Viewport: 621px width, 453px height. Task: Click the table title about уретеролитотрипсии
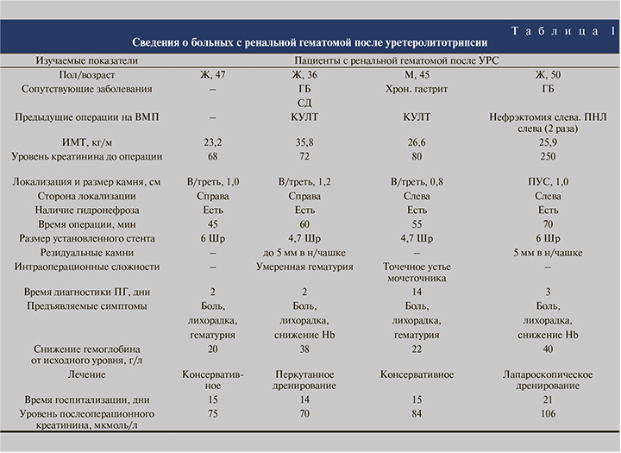(x=309, y=42)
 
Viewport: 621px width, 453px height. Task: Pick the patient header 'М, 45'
(x=417, y=75)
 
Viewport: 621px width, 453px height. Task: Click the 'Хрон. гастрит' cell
(x=417, y=89)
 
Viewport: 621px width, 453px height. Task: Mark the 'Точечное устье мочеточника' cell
(x=417, y=273)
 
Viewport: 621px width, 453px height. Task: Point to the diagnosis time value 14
(x=417, y=293)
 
